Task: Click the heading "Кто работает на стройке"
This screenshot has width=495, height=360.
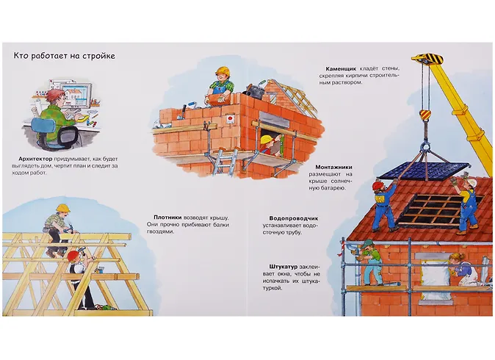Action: click(x=64, y=56)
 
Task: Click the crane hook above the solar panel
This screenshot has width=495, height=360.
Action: click(x=424, y=116)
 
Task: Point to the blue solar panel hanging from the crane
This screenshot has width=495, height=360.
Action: click(x=424, y=170)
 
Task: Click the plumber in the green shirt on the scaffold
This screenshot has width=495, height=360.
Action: click(x=372, y=262)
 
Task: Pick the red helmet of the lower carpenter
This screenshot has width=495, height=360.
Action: click(x=73, y=255)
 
